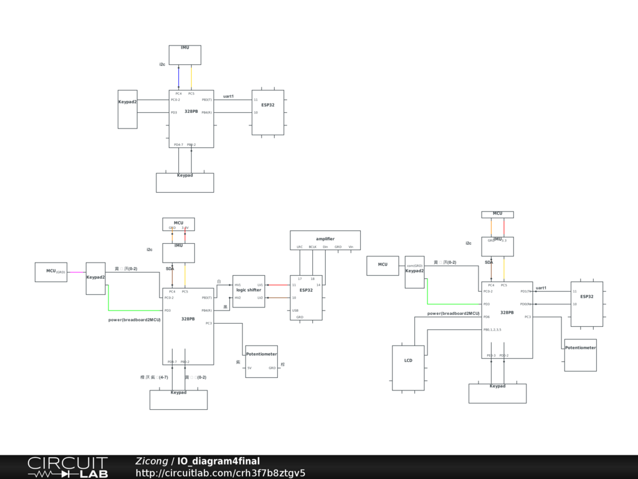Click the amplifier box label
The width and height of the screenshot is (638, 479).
325,239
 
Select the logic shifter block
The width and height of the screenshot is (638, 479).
249,291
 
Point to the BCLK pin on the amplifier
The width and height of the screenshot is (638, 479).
313,247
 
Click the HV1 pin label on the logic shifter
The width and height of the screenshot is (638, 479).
237,285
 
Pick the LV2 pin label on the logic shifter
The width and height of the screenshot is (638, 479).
260,298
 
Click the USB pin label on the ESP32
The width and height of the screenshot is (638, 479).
295,310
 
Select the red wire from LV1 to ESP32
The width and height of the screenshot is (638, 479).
278,285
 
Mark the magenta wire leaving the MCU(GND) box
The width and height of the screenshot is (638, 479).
76,272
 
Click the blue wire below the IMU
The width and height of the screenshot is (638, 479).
179,77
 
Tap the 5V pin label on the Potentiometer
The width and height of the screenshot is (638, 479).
249,368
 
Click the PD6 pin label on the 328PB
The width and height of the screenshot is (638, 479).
487,317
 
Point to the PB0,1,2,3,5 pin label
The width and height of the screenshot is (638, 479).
492,329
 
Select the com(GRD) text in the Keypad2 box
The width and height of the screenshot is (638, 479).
414,266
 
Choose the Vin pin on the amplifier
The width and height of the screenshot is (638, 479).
351,247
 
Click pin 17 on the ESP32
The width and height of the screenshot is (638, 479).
300,279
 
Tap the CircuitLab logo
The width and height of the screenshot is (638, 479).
67,467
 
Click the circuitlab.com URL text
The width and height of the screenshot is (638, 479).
221,473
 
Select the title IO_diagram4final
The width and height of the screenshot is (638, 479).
219,462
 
